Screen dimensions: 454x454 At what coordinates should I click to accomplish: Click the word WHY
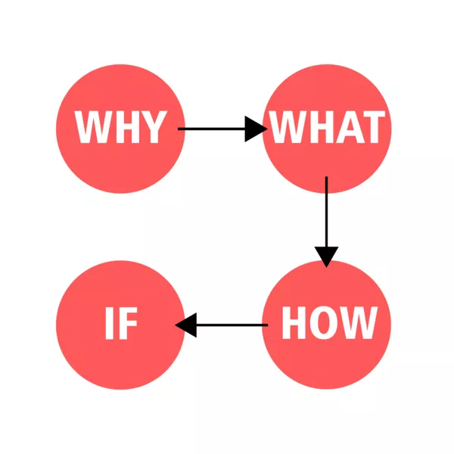pyautogui.click(x=121, y=127)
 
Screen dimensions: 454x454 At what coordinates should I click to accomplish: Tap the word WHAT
pyautogui.click(x=327, y=127)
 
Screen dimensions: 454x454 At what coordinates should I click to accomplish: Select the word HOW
pyautogui.click(x=330, y=322)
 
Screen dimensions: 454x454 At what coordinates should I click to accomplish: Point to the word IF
pyautogui.click(x=121, y=323)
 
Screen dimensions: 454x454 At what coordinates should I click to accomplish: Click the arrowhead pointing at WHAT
pyautogui.click(x=257, y=129)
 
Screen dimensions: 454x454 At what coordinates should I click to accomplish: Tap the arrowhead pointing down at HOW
pyautogui.click(x=327, y=257)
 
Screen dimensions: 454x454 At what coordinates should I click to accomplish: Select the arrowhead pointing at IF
pyautogui.click(x=186, y=325)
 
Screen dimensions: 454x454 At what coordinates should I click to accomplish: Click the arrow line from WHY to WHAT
pyautogui.click(x=223, y=129)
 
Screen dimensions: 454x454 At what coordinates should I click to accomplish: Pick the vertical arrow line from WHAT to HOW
pyautogui.click(x=327, y=222)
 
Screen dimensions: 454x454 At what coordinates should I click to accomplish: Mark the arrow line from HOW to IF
pyautogui.click(x=222, y=325)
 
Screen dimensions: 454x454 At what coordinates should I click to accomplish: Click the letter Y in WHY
pyautogui.click(x=153, y=127)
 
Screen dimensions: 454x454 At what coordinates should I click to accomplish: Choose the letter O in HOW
pyautogui.click(x=324, y=322)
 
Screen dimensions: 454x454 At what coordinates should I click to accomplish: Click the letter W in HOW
pyautogui.click(x=358, y=322)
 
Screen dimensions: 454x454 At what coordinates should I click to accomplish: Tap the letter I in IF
pyautogui.click(x=110, y=323)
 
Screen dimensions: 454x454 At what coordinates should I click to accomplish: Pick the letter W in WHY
pyautogui.click(x=93, y=127)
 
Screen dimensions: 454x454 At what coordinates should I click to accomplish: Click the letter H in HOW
pyautogui.click(x=294, y=322)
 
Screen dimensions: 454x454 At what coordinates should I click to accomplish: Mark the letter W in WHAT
pyautogui.click(x=288, y=127)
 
